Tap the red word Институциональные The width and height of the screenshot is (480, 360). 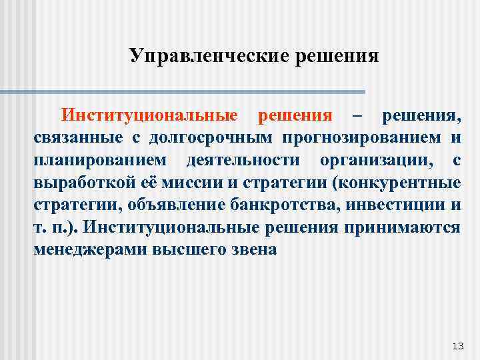[150, 115]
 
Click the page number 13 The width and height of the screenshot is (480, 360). [457, 345]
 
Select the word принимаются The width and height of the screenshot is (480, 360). [402, 228]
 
